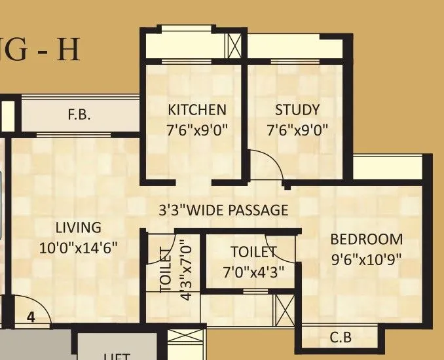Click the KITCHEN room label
tap(197, 109)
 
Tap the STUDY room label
tap(297, 109)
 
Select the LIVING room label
tap(78, 228)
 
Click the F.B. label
tap(79, 116)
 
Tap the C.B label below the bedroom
tap(340, 338)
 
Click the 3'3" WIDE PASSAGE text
tap(223, 210)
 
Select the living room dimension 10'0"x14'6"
tap(78, 248)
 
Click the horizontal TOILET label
tap(253, 251)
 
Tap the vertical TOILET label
tap(166, 269)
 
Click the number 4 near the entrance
tap(30, 317)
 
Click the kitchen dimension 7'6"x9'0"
tap(197, 129)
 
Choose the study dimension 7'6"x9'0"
tap(297, 129)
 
